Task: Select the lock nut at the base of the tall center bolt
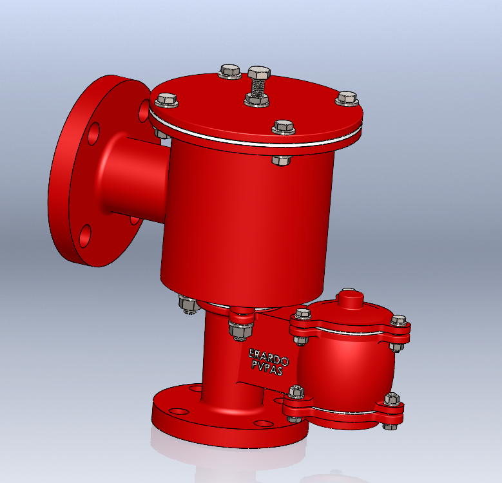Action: click(x=256, y=99)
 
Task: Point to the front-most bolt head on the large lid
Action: click(x=284, y=126)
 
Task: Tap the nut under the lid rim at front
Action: click(x=282, y=159)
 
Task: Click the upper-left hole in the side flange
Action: click(x=94, y=133)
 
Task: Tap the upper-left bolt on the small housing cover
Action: click(x=302, y=316)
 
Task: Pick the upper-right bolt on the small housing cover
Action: click(x=398, y=320)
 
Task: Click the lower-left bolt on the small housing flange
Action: click(x=296, y=392)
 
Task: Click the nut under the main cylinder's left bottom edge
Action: click(x=187, y=303)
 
